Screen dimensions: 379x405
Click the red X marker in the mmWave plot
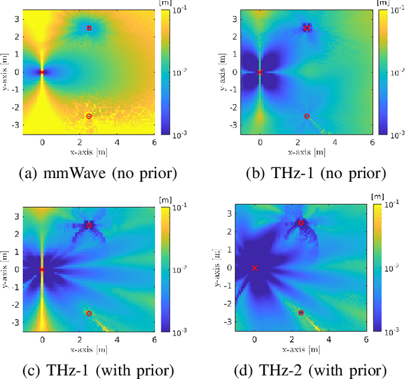point(42,72)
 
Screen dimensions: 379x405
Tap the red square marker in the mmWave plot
point(89,28)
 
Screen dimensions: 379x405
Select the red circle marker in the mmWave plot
point(89,116)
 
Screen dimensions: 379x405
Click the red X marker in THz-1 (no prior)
point(259,72)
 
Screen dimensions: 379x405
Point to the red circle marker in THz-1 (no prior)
point(307,116)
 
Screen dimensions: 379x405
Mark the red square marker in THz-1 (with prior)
point(89,226)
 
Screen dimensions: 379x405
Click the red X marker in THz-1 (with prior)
point(42,270)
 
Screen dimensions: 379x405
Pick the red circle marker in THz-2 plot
point(301,313)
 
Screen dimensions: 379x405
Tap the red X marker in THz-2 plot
point(254,268)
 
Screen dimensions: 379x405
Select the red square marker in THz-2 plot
point(301,222)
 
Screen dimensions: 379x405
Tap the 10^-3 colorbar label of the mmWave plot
point(179,135)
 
